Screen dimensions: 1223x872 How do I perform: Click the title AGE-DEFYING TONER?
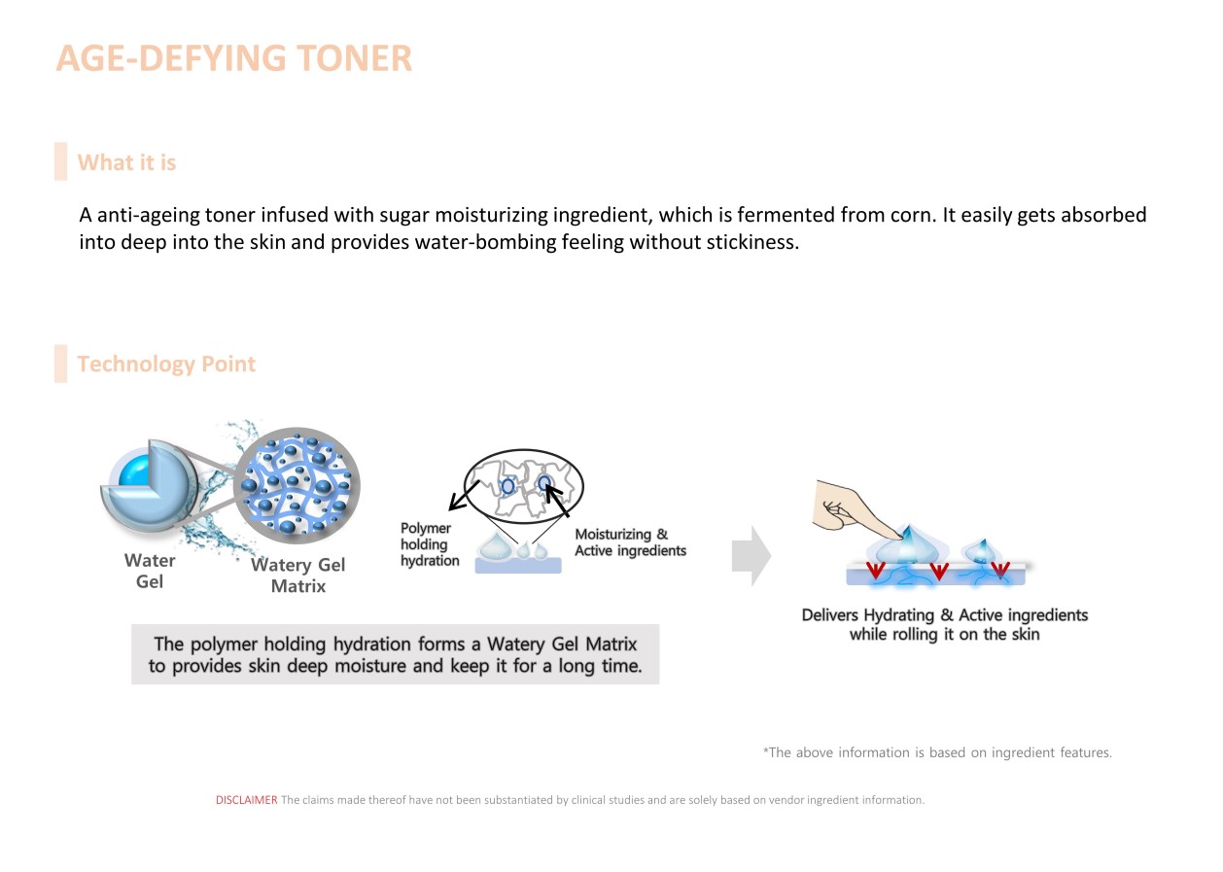tap(234, 58)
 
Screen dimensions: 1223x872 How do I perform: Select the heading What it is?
tap(126, 162)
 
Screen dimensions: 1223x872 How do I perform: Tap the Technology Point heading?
tap(166, 365)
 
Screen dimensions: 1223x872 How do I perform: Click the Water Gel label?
tap(150, 571)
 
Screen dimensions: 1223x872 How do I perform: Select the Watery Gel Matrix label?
tap(297, 575)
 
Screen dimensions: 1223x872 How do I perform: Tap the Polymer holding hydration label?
tap(429, 544)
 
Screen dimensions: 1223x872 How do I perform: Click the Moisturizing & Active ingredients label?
tap(630, 542)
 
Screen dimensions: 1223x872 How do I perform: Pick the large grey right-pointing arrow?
tap(751, 557)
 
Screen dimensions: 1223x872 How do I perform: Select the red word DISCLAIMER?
tap(246, 800)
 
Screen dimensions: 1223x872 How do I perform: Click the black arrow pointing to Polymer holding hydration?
tap(464, 495)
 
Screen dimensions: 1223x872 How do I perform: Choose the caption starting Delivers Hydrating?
tap(944, 624)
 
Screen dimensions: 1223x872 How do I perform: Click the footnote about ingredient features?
tap(937, 752)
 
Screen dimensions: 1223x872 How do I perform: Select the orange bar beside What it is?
tap(60, 161)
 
